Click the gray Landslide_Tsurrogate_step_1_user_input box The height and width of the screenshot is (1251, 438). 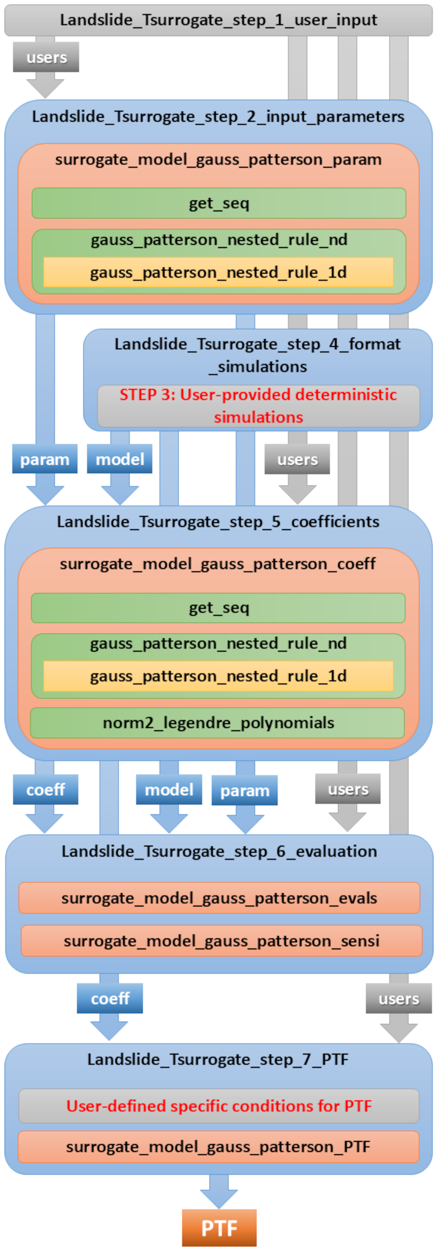point(219,20)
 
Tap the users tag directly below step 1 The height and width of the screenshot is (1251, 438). point(46,57)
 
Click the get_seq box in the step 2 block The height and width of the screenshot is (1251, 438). point(219,203)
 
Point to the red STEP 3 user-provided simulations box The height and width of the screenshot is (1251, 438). point(258,406)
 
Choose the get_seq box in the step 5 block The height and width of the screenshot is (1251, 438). point(219,607)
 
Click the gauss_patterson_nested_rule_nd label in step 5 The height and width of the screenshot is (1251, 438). point(219,644)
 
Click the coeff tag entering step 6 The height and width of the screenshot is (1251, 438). point(45,790)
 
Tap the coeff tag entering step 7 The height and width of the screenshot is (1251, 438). point(110,999)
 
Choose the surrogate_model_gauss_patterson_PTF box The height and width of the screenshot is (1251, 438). point(219,1147)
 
